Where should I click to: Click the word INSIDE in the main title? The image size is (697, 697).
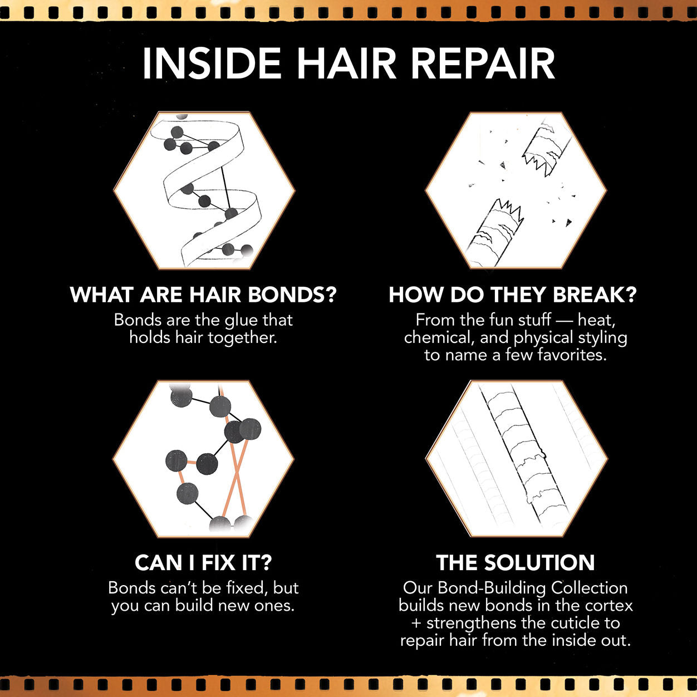click(212, 63)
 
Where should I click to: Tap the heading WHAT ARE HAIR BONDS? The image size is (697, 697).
click(203, 294)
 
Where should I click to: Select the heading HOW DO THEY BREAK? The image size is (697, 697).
click(512, 294)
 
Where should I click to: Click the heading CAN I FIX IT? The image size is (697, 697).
click(203, 563)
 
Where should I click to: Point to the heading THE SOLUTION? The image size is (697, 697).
click(516, 563)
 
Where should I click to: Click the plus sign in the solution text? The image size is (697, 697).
click(416, 624)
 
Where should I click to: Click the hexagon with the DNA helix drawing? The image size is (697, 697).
click(204, 190)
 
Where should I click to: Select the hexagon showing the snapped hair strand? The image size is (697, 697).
click(516, 190)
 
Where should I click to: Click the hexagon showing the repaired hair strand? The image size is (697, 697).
click(516, 459)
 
